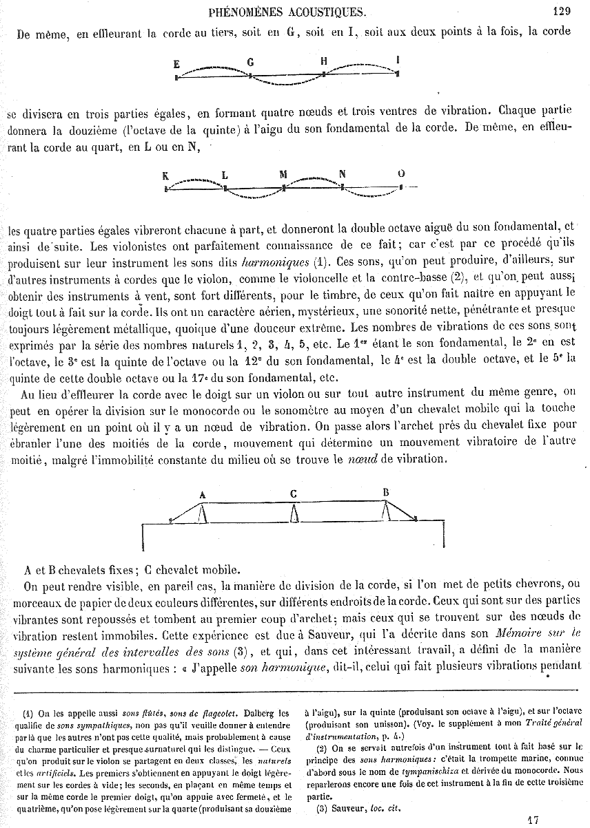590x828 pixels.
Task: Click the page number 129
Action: pos(561,10)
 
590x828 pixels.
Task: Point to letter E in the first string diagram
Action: pos(177,64)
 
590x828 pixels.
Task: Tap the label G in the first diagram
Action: pos(251,62)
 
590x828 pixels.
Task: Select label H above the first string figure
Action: pos(323,61)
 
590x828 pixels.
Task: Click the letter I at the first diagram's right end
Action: pos(398,60)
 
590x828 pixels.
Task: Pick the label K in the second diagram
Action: pos(165,175)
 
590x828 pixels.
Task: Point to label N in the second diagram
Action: pos(342,174)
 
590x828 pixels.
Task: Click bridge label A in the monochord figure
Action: pos(202,494)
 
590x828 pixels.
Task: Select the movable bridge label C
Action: pos(294,493)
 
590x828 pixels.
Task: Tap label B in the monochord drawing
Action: pos(386,491)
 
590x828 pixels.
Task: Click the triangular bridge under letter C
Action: pos(294,513)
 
